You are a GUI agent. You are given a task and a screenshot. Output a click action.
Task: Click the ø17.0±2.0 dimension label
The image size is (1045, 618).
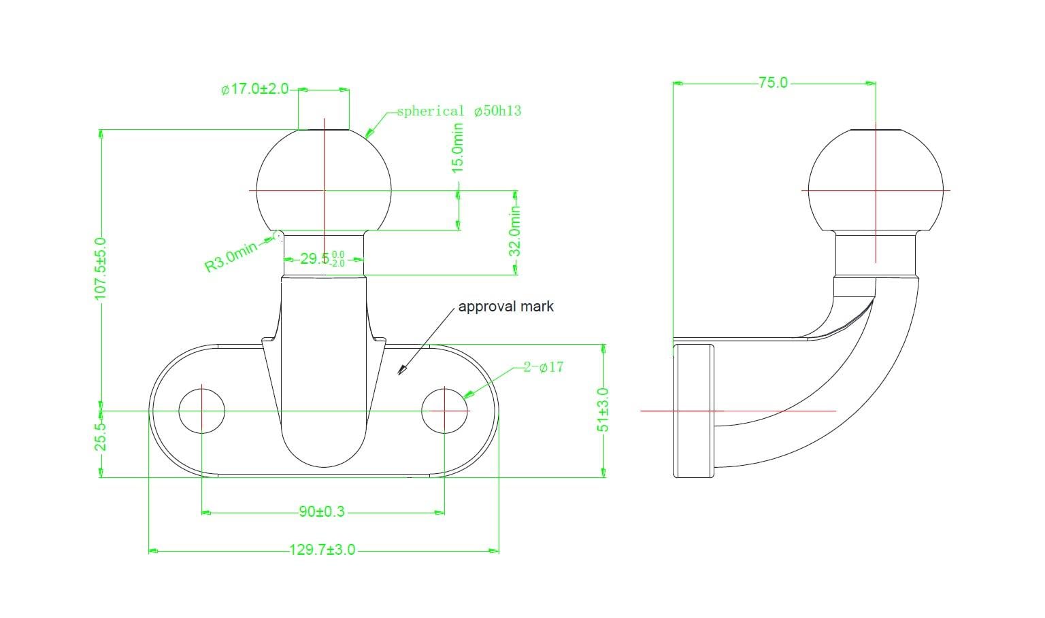click(x=254, y=88)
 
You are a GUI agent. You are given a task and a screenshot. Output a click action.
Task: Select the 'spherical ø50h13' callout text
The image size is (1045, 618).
click(x=459, y=111)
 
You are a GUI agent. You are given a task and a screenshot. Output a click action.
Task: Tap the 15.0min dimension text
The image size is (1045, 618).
click(x=458, y=148)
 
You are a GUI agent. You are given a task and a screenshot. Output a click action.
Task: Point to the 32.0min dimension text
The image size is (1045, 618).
click(x=514, y=231)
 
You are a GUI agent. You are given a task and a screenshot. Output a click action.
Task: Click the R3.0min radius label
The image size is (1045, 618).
click(x=231, y=256)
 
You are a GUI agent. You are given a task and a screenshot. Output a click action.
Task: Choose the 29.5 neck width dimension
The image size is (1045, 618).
click(x=322, y=258)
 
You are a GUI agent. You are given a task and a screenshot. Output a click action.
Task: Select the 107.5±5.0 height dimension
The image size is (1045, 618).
click(x=100, y=269)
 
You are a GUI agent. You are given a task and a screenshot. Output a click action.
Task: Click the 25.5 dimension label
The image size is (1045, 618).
click(x=100, y=437)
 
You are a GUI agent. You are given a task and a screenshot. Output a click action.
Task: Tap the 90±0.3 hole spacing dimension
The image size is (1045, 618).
click(x=322, y=512)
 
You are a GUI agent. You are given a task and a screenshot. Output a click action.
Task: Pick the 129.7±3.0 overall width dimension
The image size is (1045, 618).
click(x=322, y=550)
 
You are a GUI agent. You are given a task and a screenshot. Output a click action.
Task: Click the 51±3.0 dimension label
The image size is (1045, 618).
click(x=603, y=410)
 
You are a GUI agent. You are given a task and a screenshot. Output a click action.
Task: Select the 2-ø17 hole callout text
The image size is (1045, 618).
click(x=543, y=367)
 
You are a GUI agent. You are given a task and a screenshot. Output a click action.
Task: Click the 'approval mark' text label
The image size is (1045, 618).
click(x=505, y=306)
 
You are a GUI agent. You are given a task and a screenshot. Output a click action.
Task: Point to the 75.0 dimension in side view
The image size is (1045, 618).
click(x=773, y=82)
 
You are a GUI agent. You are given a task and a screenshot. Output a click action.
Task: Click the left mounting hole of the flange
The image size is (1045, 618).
click(x=201, y=411)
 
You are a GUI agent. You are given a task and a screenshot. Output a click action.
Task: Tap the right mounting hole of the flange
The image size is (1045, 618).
click(x=444, y=411)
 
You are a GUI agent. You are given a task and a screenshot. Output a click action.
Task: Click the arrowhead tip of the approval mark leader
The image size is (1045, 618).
click(x=398, y=374)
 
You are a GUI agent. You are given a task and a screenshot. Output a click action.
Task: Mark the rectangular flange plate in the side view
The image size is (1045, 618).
click(x=693, y=411)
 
